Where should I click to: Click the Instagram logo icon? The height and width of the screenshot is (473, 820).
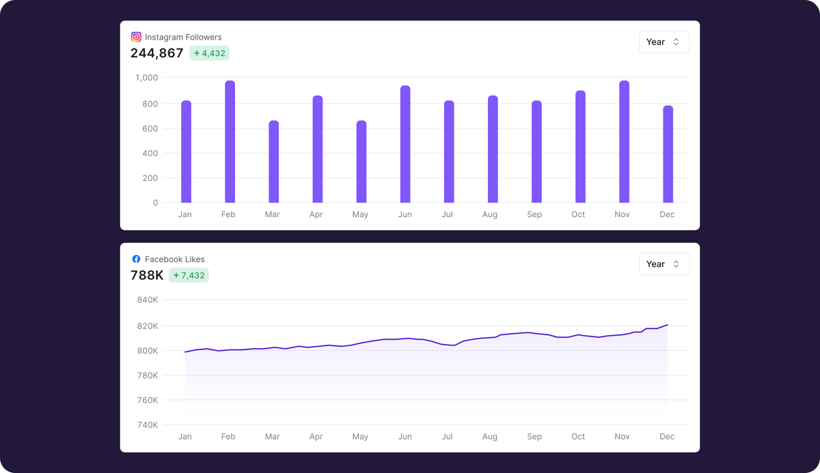pos(136,37)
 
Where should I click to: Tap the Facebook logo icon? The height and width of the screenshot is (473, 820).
pos(136,259)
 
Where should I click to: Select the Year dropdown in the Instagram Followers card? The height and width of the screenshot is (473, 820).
pos(664,42)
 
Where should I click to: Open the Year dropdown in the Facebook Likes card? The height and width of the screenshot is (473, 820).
pos(664,264)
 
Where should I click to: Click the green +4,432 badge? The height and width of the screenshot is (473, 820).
pos(209,53)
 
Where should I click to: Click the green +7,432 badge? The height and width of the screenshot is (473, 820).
pos(189,276)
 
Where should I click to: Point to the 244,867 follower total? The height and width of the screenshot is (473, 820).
pos(157,53)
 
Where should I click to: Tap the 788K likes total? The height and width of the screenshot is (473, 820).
pos(147,276)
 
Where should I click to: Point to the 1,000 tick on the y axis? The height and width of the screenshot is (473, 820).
pos(146,78)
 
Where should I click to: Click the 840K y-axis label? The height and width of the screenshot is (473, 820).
pos(148,300)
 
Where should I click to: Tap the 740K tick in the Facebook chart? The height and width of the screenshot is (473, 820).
pos(148,425)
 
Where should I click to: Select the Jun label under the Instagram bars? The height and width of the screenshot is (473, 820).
pos(405,214)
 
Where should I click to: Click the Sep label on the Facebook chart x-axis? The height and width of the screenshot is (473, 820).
pos(534,437)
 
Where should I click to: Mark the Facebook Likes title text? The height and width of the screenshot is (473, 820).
pos(174,259)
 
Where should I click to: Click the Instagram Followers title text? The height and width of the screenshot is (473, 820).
pos(183,37)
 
